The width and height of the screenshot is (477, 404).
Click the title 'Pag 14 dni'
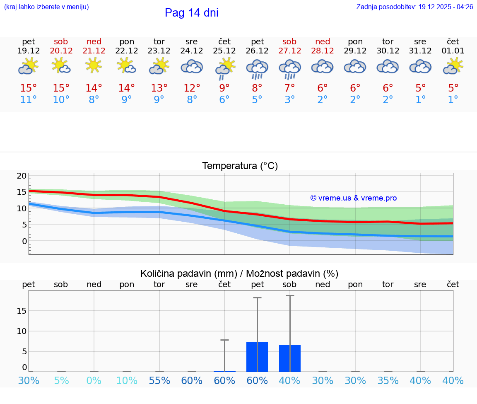point(191,13)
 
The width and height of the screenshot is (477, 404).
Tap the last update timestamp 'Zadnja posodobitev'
point(414,7)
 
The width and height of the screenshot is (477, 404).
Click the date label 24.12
point(192,51)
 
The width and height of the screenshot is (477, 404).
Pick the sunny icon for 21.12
point(94,65)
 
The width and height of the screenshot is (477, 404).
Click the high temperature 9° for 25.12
point(224,88)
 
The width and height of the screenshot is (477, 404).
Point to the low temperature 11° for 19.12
point(29,100)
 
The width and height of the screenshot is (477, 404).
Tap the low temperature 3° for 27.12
point(290,100)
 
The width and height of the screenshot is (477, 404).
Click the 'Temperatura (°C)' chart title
point(240,166)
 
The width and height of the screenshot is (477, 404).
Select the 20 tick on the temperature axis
point(22,176)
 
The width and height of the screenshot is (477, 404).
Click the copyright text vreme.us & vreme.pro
point(354,198)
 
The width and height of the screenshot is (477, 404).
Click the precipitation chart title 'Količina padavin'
point(239,273)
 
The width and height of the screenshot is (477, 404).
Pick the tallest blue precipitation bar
point(257,357)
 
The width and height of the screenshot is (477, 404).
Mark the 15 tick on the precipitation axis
point(22,310)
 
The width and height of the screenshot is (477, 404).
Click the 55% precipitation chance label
point(159,381)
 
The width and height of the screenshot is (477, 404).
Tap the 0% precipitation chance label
point(94,381)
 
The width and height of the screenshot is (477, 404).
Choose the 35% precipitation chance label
point(388,381)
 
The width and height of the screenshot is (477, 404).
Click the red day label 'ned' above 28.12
point(323,41)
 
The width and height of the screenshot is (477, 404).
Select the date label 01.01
point(453,51)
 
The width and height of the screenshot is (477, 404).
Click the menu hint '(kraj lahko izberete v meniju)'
point(46,7)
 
